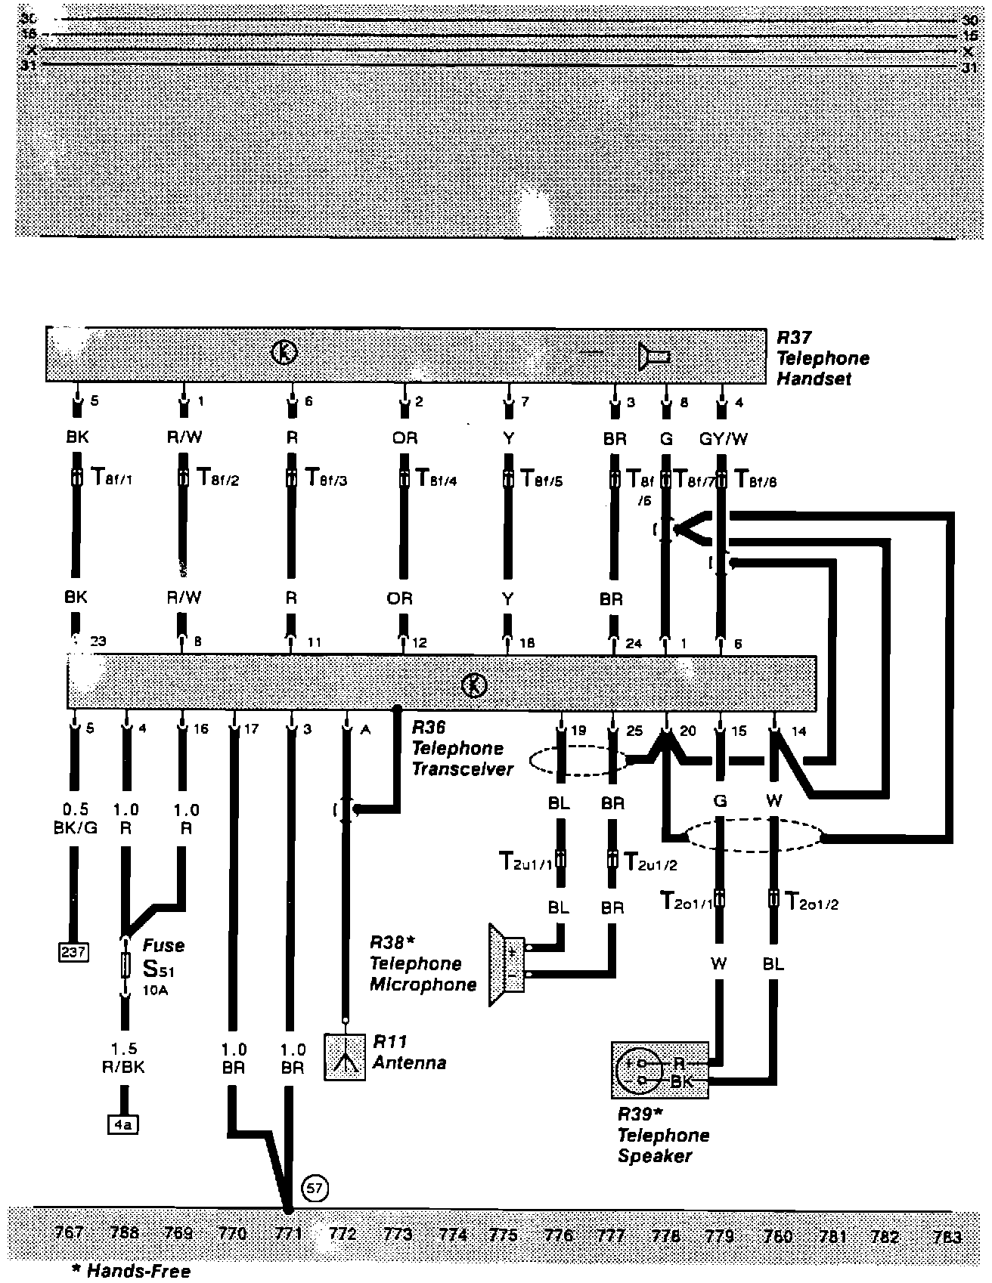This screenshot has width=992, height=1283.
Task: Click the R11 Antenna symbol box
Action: pos(346,1056)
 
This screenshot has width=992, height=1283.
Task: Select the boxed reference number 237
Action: pos(73,952)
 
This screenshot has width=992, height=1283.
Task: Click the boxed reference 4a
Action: pos(122,1125)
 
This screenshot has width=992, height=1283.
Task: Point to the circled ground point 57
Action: pos(315,1189)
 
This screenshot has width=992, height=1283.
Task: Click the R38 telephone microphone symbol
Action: pos(507,964)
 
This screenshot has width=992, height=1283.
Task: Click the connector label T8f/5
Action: pos(542,479)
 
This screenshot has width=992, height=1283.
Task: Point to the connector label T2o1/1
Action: pos(686,901)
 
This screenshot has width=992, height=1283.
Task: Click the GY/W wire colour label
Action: pos(723,439)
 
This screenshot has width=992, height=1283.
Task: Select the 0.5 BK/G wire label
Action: pos(76,819)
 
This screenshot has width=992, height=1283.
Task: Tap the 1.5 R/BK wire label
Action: pos(125,1059)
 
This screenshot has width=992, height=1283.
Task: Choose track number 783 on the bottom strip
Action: pos(947,1237)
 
